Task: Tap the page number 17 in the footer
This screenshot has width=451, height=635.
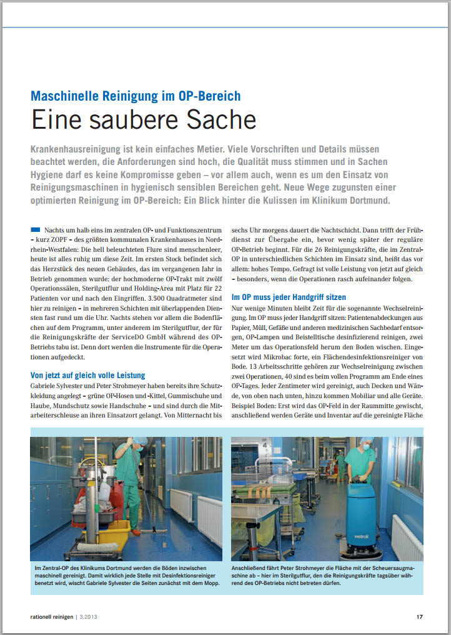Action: pos(420,617)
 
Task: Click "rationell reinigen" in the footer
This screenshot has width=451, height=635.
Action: pos(50,617)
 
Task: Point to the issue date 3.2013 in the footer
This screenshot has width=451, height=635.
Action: pos(87,617)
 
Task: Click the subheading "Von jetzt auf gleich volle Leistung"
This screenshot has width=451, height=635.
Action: pos(87,375)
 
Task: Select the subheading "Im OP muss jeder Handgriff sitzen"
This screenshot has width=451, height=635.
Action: pos(289,297)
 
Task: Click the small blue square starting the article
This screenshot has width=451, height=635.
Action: pos(35,231)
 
